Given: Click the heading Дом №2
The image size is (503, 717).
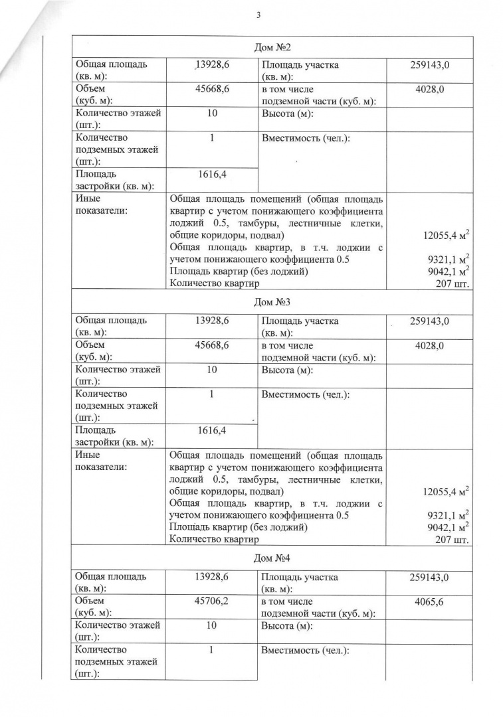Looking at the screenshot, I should tap(272, 47).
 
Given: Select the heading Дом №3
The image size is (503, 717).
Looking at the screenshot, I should tap(272, 303).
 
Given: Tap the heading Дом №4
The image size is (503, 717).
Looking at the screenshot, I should tap(272, 560).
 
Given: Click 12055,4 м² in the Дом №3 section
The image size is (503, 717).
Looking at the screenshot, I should tap(446, 491).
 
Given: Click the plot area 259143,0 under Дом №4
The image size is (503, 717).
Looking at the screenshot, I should tap(429, 577).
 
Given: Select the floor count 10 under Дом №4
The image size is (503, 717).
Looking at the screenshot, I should tap(211, 625).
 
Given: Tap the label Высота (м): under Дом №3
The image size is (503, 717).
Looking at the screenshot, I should tap(287, 370).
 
